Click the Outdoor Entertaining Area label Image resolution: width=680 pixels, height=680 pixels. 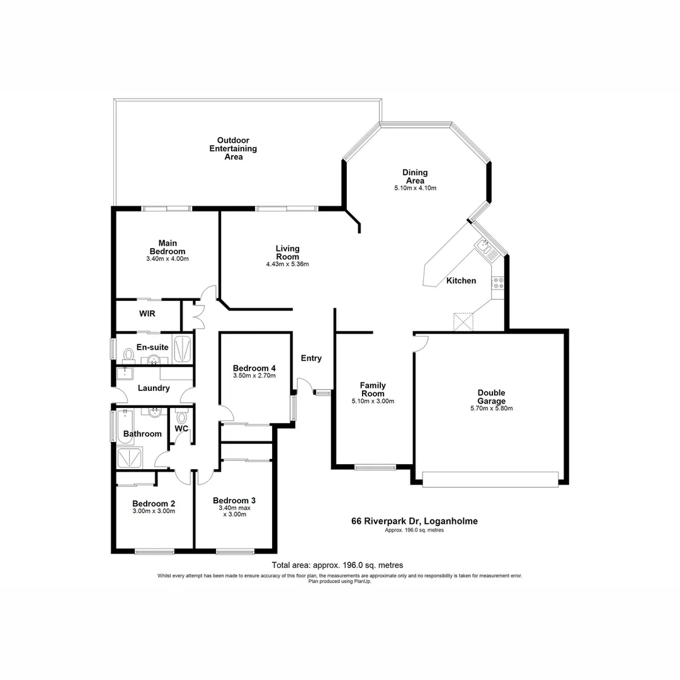pyautogui.click(x=233, y=149)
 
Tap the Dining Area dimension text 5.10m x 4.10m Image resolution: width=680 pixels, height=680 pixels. pyautogui.click(x=415, y=188)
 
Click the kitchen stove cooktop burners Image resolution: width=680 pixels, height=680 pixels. pyautogui.click(x=497, y=283)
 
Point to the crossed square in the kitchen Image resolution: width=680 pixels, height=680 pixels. pyautogui.click(x=463, y=322)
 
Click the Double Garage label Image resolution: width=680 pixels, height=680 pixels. pyautogui.click(x=491, y=397)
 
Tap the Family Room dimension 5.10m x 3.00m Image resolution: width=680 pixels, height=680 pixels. pyautogui.click(x=373, y=401)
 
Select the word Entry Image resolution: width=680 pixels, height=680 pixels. pyautogui.click(x=311, y=358)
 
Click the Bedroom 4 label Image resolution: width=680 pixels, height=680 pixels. pyautogui.click(x=254, y=368)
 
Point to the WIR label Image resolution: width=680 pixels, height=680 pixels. pyautogui.click(x=147, y=313)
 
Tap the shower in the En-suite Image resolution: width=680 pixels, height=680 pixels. pyautogui.click(x=182, y=350)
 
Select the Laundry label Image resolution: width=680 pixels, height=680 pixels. pyautogui.click(x=154, y=388)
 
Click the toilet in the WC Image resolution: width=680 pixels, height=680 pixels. pyautogui.click(x=182, y=416)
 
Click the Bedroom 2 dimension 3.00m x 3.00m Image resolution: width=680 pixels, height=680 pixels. pyautogui.click(x=153, y=511)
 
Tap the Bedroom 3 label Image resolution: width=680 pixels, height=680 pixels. pyautogui.click(x=234, y=501)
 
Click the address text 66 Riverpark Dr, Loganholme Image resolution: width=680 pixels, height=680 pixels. pyautogui.click(x=414, y=521)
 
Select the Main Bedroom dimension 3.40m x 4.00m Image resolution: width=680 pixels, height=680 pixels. pyautogui.click(x=167, y=259)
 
